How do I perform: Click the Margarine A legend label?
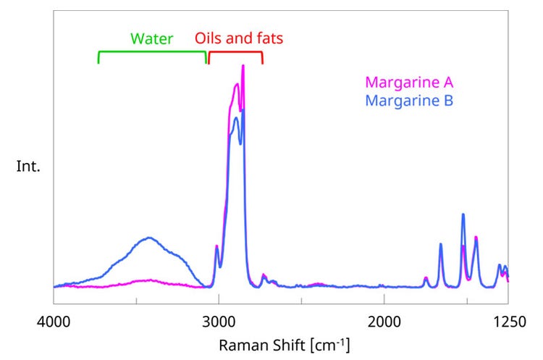pos(410,82)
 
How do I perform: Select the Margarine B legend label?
pos(410,100)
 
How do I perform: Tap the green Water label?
pos(152,39)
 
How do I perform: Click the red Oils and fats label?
pos(238,39)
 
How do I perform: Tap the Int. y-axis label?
pos(28,166)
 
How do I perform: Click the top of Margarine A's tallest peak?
pos(243,66)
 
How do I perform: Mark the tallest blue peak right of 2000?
pos(463,214)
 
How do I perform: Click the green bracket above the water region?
pos(152,53)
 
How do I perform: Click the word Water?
pos(152,39)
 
